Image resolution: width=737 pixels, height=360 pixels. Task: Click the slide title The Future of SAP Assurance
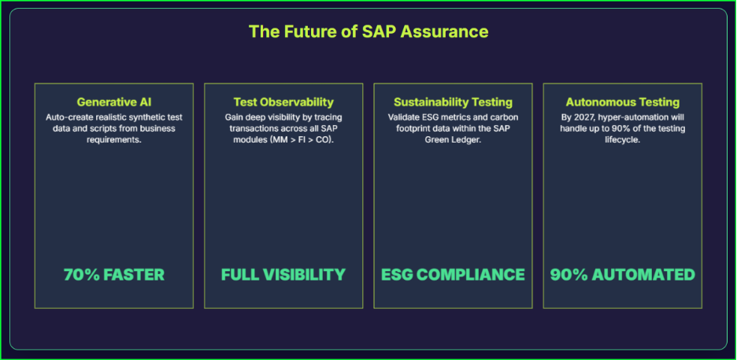point(368,32)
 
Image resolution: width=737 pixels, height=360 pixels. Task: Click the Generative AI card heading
point(114,102)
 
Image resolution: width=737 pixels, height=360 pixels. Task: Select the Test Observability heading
point(283,102)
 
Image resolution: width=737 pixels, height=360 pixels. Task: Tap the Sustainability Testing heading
point(453,102)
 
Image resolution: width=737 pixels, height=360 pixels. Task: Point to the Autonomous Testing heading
point(622,102)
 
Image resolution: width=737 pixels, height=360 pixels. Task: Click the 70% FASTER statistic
point(114,275)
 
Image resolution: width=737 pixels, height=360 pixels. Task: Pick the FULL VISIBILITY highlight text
point(283,275)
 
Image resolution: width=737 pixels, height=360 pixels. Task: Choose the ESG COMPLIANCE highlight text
point(453,275)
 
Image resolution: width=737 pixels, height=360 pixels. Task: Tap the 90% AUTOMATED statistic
point(622,275)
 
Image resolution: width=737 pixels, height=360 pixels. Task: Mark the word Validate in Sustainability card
point(406,117)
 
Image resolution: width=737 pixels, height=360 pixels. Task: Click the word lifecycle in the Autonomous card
point(622,139)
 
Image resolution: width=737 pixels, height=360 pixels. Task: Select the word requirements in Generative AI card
point(114,139)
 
